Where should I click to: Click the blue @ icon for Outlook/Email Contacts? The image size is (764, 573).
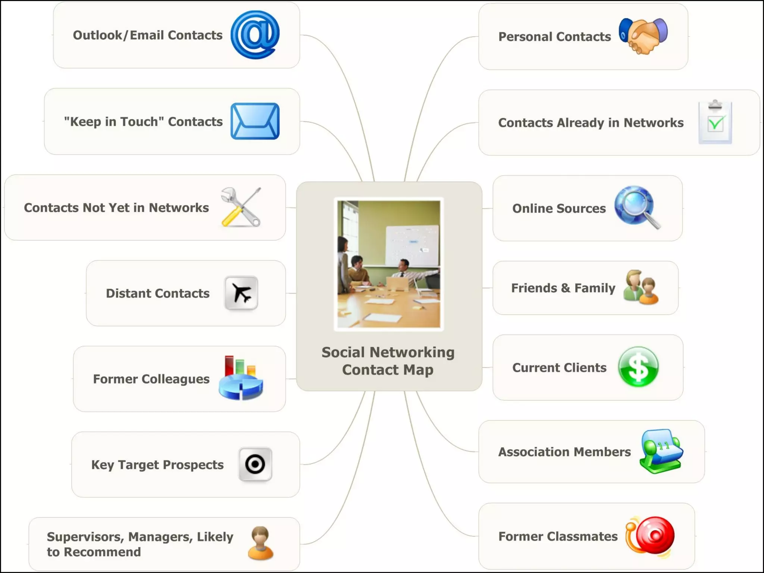(255, 35)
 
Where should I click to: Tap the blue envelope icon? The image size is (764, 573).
(255, 121)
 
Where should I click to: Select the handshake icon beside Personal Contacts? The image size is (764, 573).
(643, 36)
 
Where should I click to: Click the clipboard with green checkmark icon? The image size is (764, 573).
(715, 122)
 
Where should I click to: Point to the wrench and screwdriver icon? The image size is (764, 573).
(241, 207)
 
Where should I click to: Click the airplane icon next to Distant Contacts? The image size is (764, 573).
(241, 293)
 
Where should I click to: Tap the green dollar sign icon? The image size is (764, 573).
(638, 367)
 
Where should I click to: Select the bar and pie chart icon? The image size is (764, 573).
(241, 378)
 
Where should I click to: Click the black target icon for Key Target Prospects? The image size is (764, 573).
(255, 464)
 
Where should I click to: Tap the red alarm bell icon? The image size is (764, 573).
(651, 536)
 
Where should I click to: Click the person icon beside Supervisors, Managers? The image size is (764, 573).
(260, 543)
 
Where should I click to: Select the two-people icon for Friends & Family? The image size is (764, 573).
(641, 287)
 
